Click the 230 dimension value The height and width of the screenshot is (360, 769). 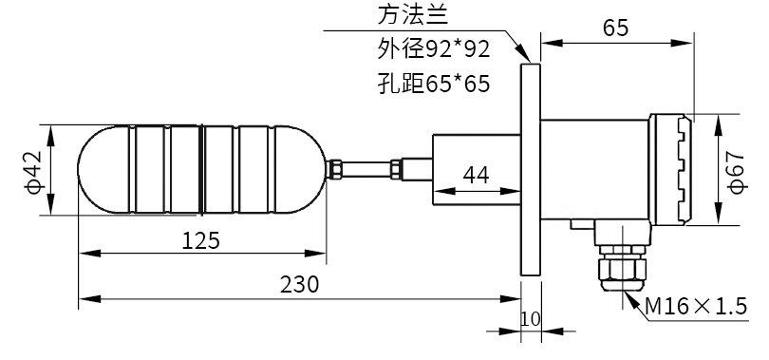pos(299,285)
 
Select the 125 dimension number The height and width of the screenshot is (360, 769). pos(201,240)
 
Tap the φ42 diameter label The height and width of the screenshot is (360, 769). pos(36,172)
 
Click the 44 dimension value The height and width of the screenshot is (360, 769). pos(476,175)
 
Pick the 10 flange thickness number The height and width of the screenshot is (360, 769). pos(530,319)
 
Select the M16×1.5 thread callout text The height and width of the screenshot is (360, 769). pos(696,307)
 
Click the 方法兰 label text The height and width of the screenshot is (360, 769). pos(413,16)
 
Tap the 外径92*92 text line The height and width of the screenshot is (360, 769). pos(434,49)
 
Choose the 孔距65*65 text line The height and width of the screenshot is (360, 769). pos(434,84)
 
